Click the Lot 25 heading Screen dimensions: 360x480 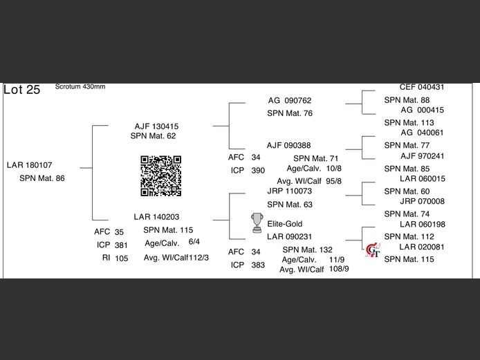click(22, 90)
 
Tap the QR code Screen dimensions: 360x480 click(161, 176)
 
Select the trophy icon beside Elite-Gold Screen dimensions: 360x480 click(257, 222)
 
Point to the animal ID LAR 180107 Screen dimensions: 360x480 click(30, 164)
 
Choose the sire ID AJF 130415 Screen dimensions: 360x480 click(156, 126)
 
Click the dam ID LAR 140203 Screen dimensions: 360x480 click(156, 216)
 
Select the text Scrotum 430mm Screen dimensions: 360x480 click(80, 86)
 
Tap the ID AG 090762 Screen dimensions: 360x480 click(290, 100)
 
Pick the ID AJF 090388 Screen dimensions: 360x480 click(288, 145)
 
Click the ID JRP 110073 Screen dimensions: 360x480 click(289, 191)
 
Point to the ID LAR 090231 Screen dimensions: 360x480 click(289, 236)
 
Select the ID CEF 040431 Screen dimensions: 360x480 click(422, 87)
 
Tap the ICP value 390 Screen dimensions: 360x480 click(258, 170)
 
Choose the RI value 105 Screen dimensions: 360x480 click(122, 258)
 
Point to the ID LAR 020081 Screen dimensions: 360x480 click(422, 247)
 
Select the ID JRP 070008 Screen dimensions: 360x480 click(422, 201)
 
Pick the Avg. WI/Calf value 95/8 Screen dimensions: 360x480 click(334, 181)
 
